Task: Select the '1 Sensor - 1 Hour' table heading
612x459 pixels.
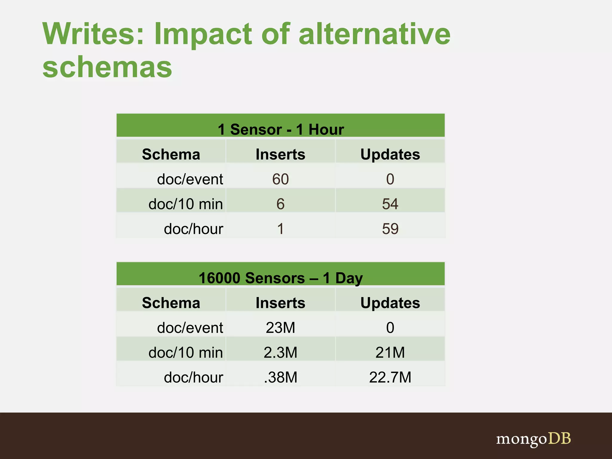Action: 281,129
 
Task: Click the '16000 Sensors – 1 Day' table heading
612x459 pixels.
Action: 281,278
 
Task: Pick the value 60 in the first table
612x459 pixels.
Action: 280,179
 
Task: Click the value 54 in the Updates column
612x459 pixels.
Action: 390,204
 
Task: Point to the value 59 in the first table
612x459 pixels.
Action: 390,229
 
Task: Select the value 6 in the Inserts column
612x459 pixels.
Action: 280,204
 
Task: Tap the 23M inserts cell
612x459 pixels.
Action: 280,328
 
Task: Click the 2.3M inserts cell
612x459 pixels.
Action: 280,352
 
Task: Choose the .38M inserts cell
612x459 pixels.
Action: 280,377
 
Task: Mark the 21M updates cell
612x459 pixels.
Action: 390,352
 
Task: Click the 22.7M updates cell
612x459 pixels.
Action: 390,377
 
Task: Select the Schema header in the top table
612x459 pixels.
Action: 171,154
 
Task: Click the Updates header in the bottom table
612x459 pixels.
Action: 390,303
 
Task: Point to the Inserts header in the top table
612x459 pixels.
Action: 280,154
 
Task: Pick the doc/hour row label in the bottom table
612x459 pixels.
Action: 193,377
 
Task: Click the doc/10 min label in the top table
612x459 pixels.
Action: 186,204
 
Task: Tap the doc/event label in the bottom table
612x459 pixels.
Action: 190,328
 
